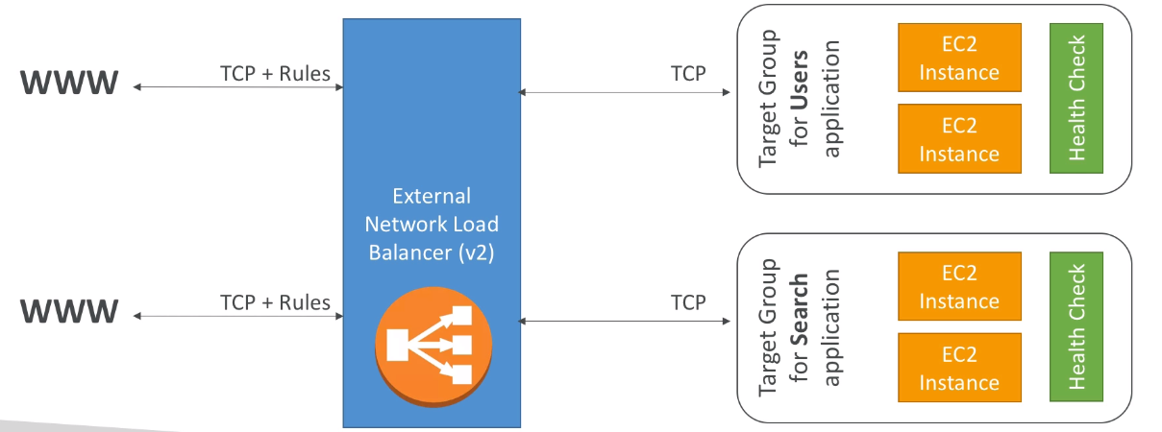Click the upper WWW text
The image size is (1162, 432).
69,83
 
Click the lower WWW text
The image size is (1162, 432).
69,311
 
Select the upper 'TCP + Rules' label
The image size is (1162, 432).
275,74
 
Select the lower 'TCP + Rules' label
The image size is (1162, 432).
275,302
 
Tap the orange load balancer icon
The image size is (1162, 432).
433,347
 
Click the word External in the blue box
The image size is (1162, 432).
432,196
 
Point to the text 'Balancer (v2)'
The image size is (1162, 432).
432,252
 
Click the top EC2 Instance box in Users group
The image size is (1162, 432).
960,58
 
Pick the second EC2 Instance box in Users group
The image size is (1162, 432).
960,139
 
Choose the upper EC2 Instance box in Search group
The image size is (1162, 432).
960,286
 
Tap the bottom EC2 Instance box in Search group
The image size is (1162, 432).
960,368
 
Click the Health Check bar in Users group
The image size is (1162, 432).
1076,98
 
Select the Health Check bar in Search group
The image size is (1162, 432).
1076,326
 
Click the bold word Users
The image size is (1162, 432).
800,80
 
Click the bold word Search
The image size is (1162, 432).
800,309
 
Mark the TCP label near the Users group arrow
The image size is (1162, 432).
688,74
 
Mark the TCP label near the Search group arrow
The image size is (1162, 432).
688,302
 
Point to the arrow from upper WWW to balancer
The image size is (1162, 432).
238,87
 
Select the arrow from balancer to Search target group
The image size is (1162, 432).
624,322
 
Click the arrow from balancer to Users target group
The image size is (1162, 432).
624,92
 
